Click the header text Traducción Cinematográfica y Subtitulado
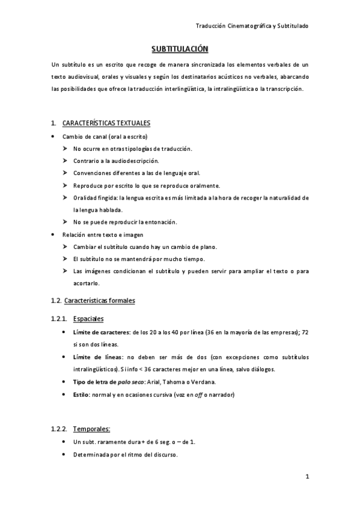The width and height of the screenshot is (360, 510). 252,25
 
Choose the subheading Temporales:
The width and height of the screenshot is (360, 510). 91,429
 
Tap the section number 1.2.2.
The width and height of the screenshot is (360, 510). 59,429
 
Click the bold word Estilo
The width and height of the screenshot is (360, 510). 82,395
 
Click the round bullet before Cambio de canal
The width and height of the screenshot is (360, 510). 53,137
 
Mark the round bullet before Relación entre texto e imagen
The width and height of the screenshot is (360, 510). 53,235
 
